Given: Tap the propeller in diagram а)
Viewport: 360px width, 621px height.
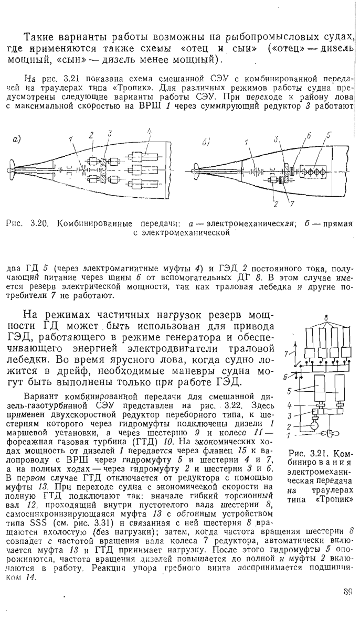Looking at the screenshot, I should (x=12, y=169).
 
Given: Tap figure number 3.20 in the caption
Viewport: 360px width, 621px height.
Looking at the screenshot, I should (x=39, y=222).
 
